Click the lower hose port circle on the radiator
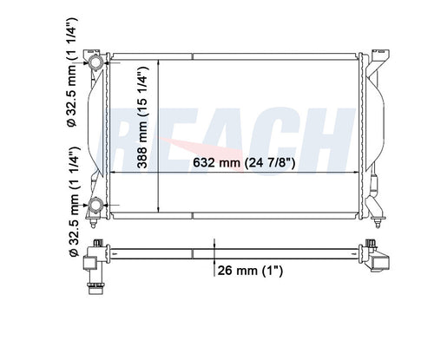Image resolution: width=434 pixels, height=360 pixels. [x=95, y=205]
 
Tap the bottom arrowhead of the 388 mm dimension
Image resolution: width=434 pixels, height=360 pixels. [x=157, y=209]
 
